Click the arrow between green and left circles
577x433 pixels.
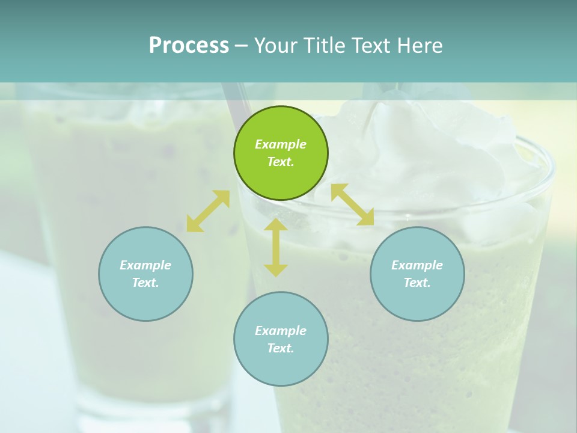[x=208, y=211]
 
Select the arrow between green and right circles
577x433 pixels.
[x=352, y=204]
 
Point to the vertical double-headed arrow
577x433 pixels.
[x=276, y=247]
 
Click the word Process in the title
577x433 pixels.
[x=189, y=45]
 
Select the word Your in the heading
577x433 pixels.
[x=276, y=45]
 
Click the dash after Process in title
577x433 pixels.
[x=241, y=46]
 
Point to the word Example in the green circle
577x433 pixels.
[x=281, y=144]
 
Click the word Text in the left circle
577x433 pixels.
[x=145, y=283]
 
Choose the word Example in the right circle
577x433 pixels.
[x=417, y=265]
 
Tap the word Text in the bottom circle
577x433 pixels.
[x=281, y=348]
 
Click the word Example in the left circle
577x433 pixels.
[x=145, y=265]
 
